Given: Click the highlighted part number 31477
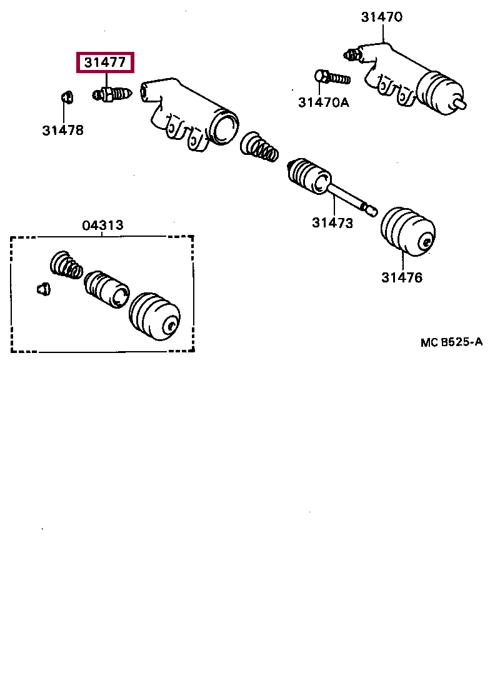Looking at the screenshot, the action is [105, 62].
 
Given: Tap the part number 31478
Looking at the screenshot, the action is [62, 131].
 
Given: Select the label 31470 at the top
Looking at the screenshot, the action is [381, 17].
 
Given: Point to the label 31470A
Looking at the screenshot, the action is [323, 102].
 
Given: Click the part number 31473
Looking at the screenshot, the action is [332, 222].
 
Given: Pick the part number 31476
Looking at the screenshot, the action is [402, 277].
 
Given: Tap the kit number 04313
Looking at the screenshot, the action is [102, 226].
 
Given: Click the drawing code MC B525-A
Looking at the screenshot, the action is [451, 342].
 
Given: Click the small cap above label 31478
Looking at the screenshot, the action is [65, 97].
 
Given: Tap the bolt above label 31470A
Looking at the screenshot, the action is [331, 78].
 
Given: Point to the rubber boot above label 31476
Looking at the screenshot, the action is [407, 231].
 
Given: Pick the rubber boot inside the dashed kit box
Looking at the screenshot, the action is [154, 317].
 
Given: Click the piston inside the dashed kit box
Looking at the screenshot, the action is [106, 289].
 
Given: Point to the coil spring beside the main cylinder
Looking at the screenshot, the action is [259, 147].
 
